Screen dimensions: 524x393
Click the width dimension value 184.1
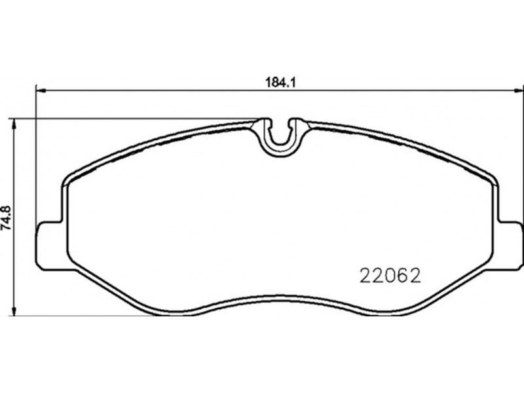281,83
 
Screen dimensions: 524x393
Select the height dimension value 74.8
7,217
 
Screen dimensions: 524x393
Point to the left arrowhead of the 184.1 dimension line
41,90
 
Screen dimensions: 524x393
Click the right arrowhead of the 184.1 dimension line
518,90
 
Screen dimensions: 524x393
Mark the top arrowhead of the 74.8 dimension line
14,124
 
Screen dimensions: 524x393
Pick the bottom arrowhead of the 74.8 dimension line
14,310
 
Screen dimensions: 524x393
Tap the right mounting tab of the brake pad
510,245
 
